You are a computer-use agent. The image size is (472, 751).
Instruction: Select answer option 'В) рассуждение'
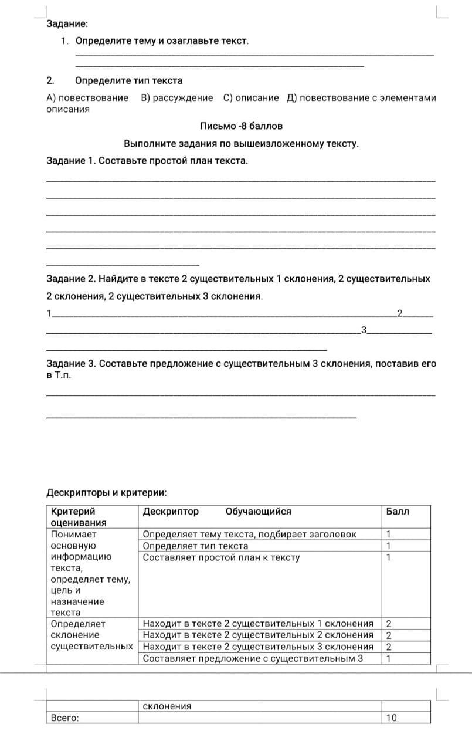(176, 97)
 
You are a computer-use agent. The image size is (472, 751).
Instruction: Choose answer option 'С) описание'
(251, 97)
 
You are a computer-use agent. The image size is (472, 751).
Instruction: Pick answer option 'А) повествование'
(87, 97)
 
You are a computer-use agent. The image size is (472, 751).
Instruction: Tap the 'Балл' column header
(397, 512)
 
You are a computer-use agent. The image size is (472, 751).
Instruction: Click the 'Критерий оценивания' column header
(79, 517)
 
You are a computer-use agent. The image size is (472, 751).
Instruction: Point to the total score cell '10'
(391, 718)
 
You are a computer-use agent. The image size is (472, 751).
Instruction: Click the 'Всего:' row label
(64, 718)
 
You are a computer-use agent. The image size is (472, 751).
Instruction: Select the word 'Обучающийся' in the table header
(258, 512)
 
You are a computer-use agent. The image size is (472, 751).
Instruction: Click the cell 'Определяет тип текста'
(195, 546)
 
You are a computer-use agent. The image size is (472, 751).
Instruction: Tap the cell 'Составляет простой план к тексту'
(221, 557)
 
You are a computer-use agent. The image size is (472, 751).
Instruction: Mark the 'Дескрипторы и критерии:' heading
(106, 493)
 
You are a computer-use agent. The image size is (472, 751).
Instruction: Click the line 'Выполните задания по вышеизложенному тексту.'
(241, 144)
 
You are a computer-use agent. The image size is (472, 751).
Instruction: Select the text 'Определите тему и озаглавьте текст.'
(162, 41)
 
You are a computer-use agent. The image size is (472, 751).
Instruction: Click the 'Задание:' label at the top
(67, 24)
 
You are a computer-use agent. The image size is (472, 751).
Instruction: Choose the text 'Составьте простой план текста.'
(174, 161)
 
